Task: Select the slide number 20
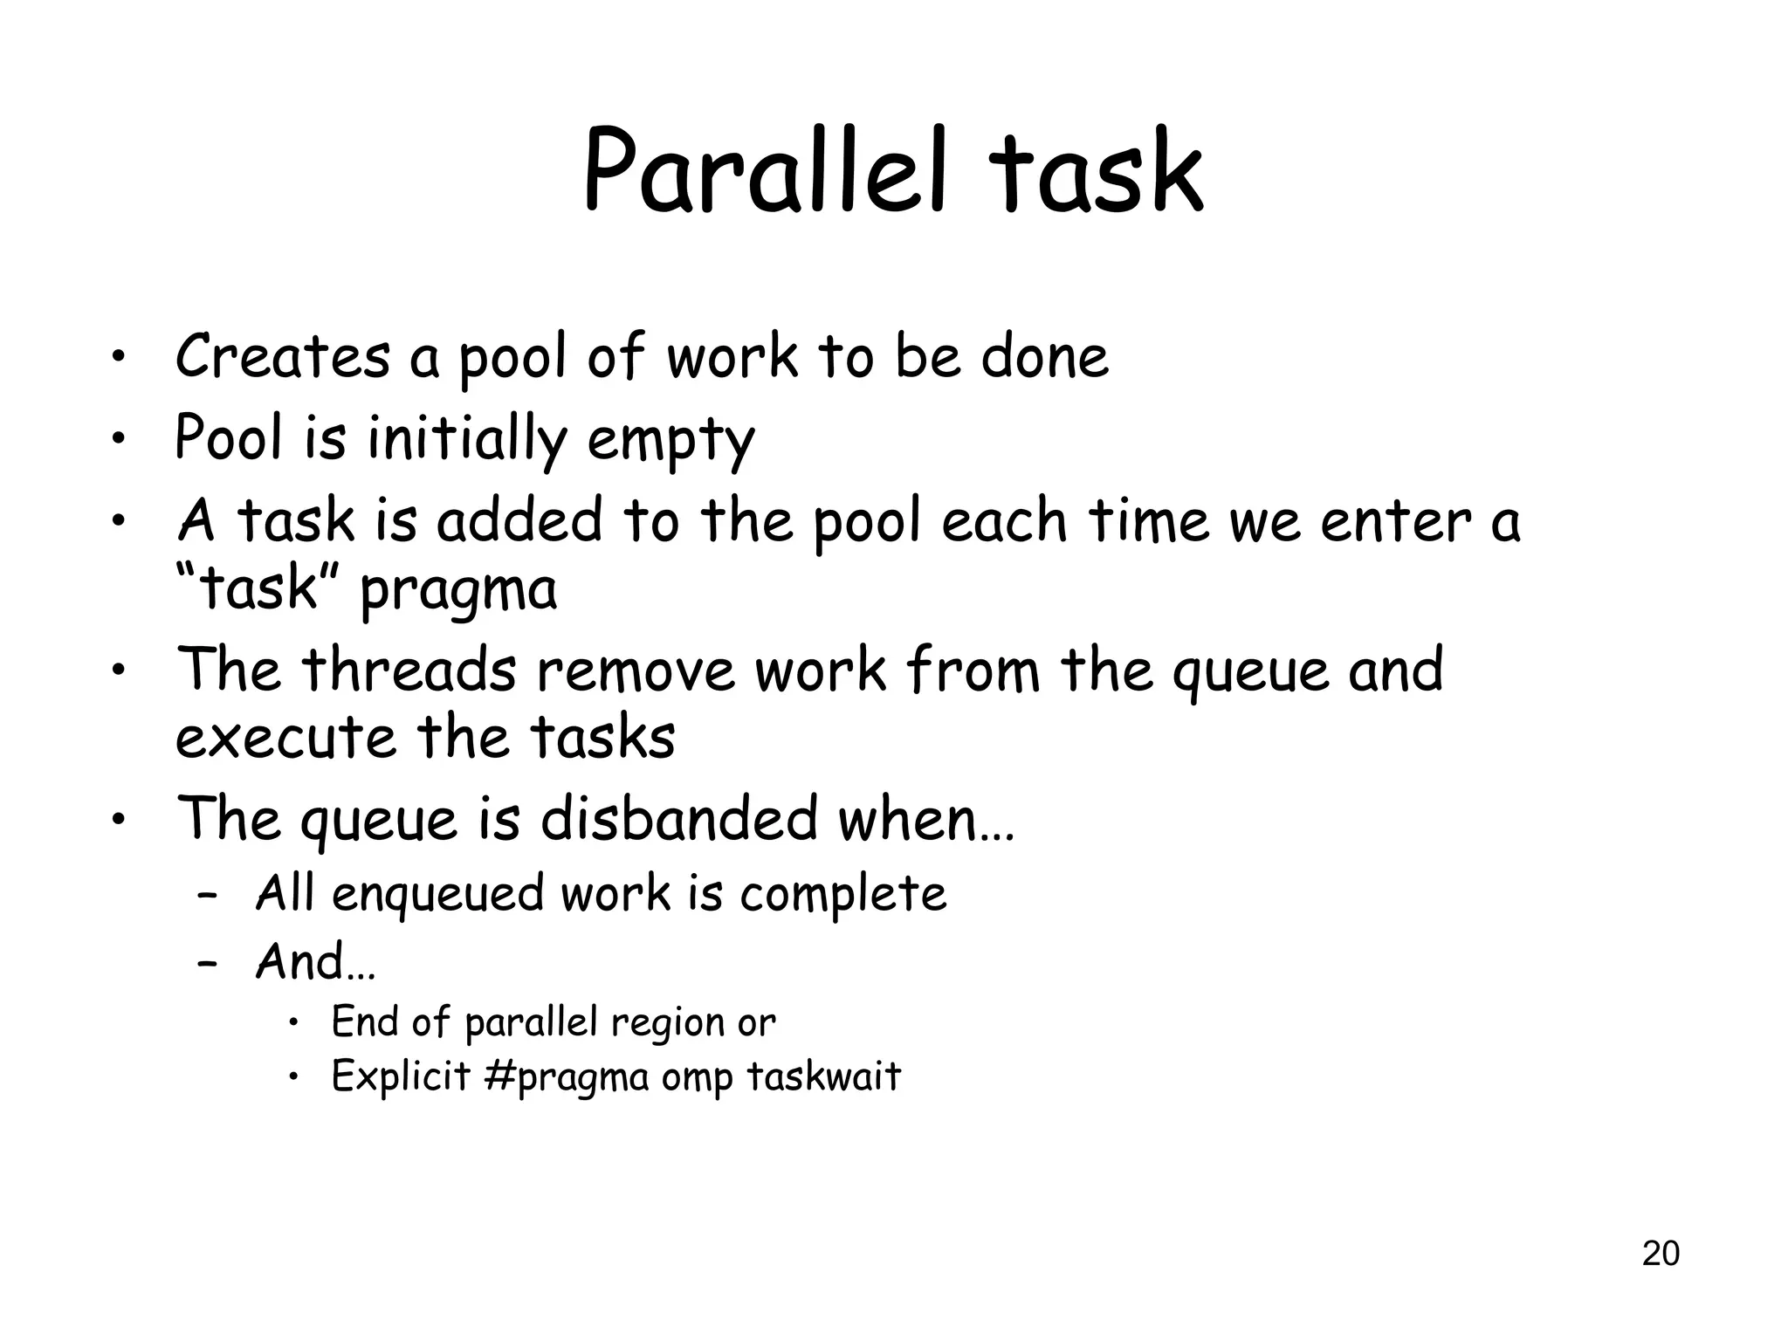(1661, 1253)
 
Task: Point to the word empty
(670, 440)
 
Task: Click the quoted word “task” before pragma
(258, 588)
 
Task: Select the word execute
(285, 738)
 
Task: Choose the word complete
(842, 894)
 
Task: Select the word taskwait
(823, 1076)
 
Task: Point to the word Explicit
(402, 1076)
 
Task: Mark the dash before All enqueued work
(207, 897)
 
